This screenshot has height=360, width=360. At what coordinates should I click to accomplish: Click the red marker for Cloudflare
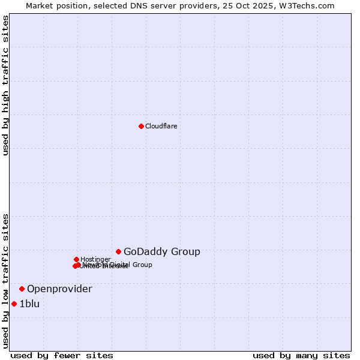pos(141,126)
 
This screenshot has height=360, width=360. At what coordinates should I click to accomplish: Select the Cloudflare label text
pos(161,126)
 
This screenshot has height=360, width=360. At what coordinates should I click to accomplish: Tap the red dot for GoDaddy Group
pos(119,251)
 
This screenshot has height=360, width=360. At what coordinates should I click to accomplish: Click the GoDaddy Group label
pos(161,252)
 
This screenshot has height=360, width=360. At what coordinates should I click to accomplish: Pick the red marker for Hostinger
pos(76,259)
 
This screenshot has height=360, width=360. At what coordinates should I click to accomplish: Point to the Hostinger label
pos(95,259)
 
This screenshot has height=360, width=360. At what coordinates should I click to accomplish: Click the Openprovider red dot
pos(22,289)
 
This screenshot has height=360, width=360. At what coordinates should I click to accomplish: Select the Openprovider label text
pos(59,289)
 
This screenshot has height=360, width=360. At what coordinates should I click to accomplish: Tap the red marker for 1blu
pos(14,304)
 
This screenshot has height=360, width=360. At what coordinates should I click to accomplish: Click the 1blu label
pos(29,304)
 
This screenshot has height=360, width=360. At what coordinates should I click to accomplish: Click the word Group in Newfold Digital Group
pos(142,265)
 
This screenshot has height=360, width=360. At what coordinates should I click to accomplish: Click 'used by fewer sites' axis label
pos(62,356)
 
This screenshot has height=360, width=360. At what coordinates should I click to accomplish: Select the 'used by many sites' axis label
pos(301,356)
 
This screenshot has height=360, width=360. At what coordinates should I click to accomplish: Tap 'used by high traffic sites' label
pos(5,85)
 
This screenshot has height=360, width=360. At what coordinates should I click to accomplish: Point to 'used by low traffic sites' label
pos(5,280)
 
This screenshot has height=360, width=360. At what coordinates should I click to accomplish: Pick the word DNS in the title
pos(139,5)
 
